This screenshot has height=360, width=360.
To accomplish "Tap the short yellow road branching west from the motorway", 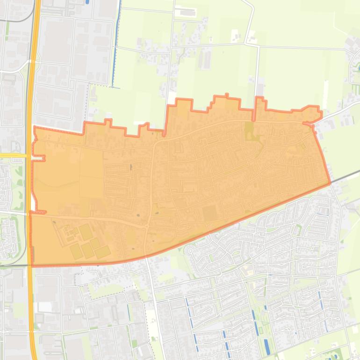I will pyautogui.click(x=14, y=155).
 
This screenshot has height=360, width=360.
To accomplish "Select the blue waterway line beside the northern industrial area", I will pyautogui.click(x=115, y=47).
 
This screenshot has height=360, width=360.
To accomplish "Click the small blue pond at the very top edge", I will pyautogui.click(x=87, y=2).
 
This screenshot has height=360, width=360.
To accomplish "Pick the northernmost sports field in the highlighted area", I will pyautogui.click(x=85, y=231).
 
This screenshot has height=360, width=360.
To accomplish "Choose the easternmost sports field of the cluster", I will pyautogui.click(x=103, y=252).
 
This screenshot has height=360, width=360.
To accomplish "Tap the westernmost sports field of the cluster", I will pyautogui.click(x=76, y=252).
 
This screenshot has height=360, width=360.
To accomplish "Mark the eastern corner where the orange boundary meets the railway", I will pyautogui.click(x=330, y=183).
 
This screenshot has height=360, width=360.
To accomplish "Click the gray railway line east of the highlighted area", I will pyautogui.click(x=346, y=176).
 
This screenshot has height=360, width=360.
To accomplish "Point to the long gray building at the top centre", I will pyautogui.click(x=186, y=12).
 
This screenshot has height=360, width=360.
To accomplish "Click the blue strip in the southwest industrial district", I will pyautogui.click(x=128, y=311).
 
